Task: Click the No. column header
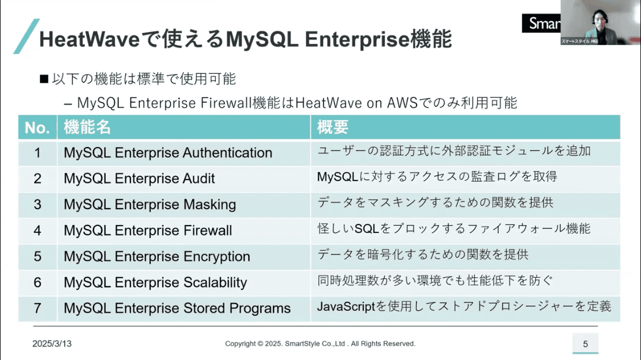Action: pos(37,128)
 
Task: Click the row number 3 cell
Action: pos(38,204)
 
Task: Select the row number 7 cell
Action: pos(38,308)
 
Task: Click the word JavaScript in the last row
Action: pos(346,306)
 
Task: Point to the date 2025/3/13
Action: pos(52,343)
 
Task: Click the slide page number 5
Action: pos(585,344)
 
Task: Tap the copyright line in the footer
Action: pos(320,343)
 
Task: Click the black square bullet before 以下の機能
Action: pos(44,79)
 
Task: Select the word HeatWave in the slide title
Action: pos(89,40)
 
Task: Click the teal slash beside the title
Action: pos(26,36)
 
